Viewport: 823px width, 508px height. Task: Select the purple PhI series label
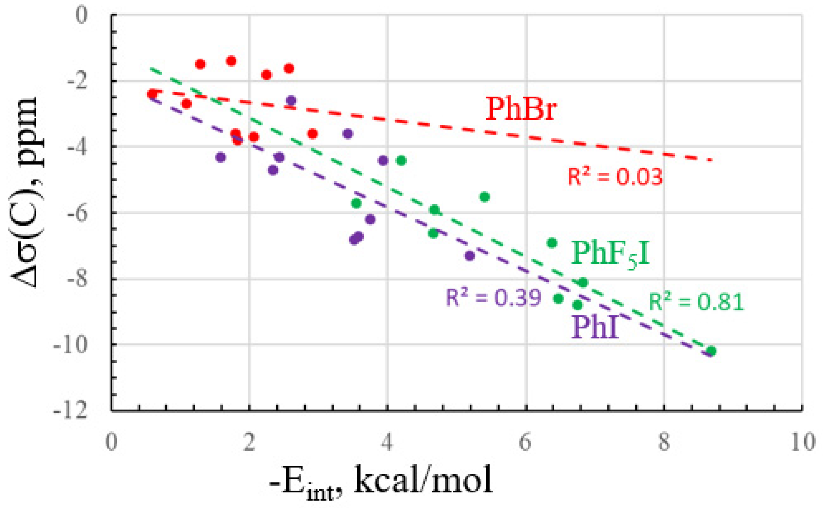595,327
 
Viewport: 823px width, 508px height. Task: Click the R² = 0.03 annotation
615,177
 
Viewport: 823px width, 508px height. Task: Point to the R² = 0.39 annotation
493,297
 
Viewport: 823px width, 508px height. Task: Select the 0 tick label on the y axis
81,15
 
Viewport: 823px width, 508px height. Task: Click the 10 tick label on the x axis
803,442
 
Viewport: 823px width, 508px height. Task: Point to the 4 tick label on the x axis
387,442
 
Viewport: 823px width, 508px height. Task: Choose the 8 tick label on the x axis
664,442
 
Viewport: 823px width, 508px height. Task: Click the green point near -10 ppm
711,352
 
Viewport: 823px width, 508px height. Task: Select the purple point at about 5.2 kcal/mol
470,256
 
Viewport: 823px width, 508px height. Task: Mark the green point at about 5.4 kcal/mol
484,197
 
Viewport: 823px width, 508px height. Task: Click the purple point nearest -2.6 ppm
291,100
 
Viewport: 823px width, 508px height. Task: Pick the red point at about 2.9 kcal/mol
312,134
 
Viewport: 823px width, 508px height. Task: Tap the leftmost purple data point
220,157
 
